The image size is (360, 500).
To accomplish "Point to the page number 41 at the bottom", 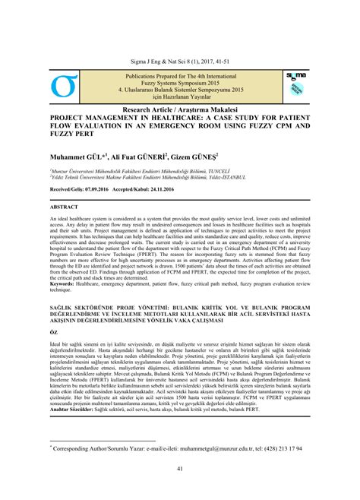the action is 179,468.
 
